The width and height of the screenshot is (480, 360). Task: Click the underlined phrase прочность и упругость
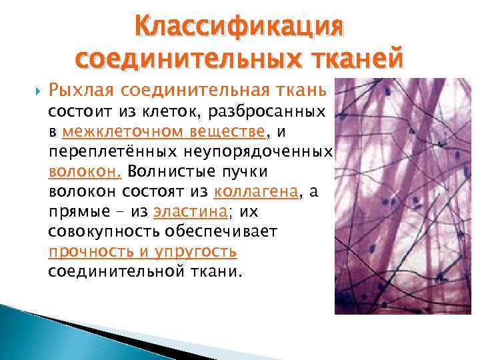(x=143, y=252)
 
